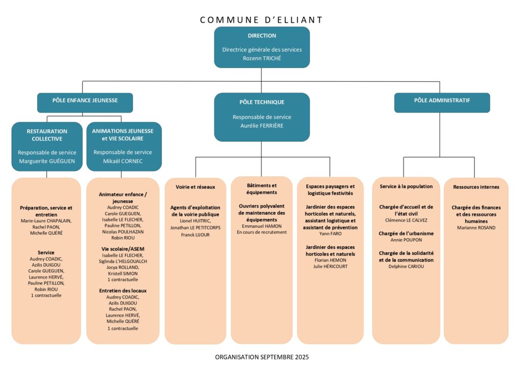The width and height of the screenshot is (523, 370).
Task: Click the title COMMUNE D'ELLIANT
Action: tap(261, 20)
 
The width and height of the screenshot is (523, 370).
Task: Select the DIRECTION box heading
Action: tap(261, 36)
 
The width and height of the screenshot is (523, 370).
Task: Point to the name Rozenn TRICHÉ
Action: tap(261, 58)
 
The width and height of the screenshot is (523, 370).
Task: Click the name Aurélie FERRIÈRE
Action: tap(261, 126)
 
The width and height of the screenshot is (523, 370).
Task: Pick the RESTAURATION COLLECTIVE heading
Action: tap(47, 135)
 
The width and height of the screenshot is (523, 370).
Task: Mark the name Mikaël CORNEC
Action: tap(123, 160)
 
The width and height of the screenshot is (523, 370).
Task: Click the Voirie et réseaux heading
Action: tap(195, 187)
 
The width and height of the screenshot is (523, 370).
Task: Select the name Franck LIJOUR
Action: tap(195, 235)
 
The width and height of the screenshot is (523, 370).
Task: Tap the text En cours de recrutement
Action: tap(261, 232)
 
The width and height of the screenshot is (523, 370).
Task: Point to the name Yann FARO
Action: tap(330, 234)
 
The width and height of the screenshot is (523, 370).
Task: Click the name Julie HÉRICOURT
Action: tap(330, 266)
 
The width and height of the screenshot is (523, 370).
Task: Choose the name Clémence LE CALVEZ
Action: tap(406, 220)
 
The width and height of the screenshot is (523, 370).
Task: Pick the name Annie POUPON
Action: tap(406, 240)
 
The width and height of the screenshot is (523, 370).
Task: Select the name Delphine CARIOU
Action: tap(406, 266)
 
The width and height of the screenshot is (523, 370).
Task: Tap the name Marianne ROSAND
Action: tap(476, 228)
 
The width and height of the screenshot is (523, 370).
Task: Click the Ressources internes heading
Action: tap(476, 187)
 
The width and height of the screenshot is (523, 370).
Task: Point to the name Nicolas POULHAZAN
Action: tap(123, 232)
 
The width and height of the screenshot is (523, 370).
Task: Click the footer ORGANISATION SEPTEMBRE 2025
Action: tap(261, 357)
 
